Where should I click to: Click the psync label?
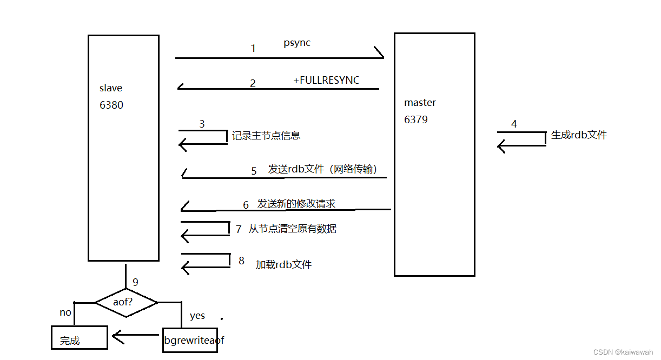[297, 43]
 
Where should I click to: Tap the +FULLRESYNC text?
[326, 81]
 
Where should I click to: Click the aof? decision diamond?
[126, 302]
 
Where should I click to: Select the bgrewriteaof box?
[190, 340]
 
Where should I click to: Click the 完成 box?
[79, 338]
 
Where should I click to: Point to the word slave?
[111, 88]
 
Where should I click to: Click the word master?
[420, 103]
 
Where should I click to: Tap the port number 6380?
[111, 105]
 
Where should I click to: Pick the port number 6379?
[416, 120]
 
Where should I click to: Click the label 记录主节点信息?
[266, 136]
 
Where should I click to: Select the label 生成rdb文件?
[579, 135]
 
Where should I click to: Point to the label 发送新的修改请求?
[296, 204]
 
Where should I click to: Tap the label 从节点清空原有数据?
[293, 229]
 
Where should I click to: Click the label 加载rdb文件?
[283, 265]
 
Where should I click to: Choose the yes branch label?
[197, 316]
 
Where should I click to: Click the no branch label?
[65, 312]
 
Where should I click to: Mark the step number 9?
[135, 282]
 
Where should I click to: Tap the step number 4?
[514, 124]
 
